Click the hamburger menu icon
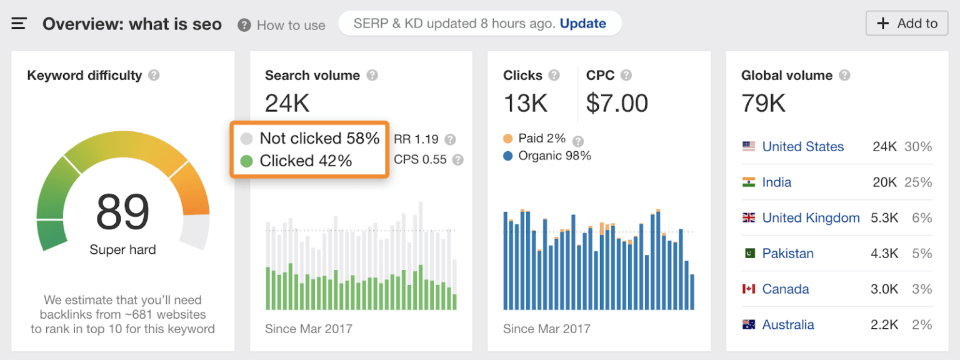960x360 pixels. click(19, 24)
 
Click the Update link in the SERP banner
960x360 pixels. click(582, 24)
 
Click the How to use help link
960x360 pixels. click(282, 26)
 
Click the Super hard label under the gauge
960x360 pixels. click(122, 250)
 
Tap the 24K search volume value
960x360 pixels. click(287, 104)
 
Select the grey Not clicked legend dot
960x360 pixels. click(246, 139)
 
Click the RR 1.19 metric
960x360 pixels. click(416, 139)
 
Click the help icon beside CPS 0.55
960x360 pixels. click(457, 160)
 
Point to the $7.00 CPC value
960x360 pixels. click(617, 104)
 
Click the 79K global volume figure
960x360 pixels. click(763, 104)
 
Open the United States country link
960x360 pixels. click(802, 147)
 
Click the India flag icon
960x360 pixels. click(748, 182)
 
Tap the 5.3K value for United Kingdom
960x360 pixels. click(885, 218)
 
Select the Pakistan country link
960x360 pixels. click(787, 254)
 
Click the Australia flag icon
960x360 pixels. click(748, 325)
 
